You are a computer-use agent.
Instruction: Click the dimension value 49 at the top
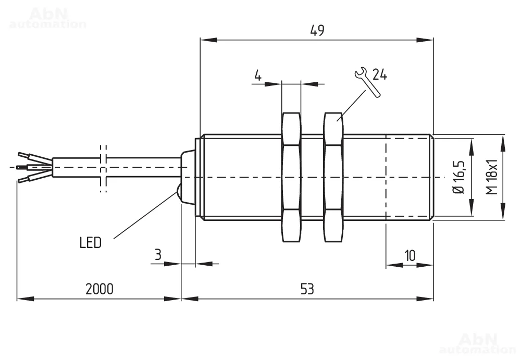pos(317,31)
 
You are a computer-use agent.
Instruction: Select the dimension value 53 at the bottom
pos(307,289)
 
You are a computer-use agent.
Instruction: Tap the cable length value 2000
pos(99,289)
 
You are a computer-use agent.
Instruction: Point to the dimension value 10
pos(410,255)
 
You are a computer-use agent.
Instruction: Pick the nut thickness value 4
pos(257,76)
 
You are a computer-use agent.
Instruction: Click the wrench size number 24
pos(380,75)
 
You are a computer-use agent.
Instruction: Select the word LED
pos(90,243)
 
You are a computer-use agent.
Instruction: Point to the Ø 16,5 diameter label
pos(459,177)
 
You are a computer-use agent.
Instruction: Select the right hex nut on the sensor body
pos(333,177)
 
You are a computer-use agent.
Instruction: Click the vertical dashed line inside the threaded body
pos(386,177)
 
